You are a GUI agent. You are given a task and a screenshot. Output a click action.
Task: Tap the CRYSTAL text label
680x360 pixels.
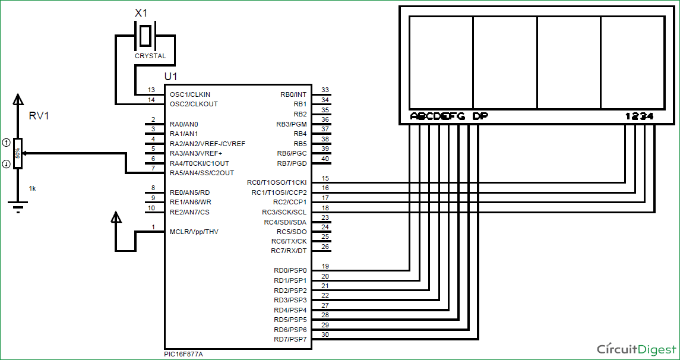pyautogui.click(x=150, y=56)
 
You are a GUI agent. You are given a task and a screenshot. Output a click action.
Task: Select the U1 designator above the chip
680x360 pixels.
pyautogui.click(x=170, y=77)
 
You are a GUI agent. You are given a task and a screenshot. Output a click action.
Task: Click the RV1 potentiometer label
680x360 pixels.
pyautogui.click(x=39, y=116)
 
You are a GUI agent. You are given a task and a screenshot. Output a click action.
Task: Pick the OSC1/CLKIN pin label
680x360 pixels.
pyautogui.click(x=189, y=94)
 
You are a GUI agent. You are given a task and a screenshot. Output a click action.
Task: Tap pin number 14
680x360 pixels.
pyautogui.click(x=151, y=100)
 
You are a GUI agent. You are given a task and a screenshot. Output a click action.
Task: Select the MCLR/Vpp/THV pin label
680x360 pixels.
pyautogui.click(x=194, y=232)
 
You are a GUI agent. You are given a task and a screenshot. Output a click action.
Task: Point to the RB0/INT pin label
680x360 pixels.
pyautogui.click(x=293, y=94)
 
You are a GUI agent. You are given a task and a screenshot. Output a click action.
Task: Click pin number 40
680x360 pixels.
pyautogui.click(x=325, y=159)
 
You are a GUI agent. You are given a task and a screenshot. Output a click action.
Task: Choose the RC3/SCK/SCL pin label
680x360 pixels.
pyautogui.click(x=284, y=212)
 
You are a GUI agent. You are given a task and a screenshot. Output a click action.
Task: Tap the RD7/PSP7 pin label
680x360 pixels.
pyautogui.click(x=290, y=340)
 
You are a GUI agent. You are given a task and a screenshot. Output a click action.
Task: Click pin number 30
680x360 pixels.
pyautogui.click(x=325, y=334)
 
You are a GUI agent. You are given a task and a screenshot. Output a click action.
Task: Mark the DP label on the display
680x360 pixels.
pyautogui.click(x=480, y=116)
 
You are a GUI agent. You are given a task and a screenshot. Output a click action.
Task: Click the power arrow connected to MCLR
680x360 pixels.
pyautogui.click(x=117, y=219)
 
